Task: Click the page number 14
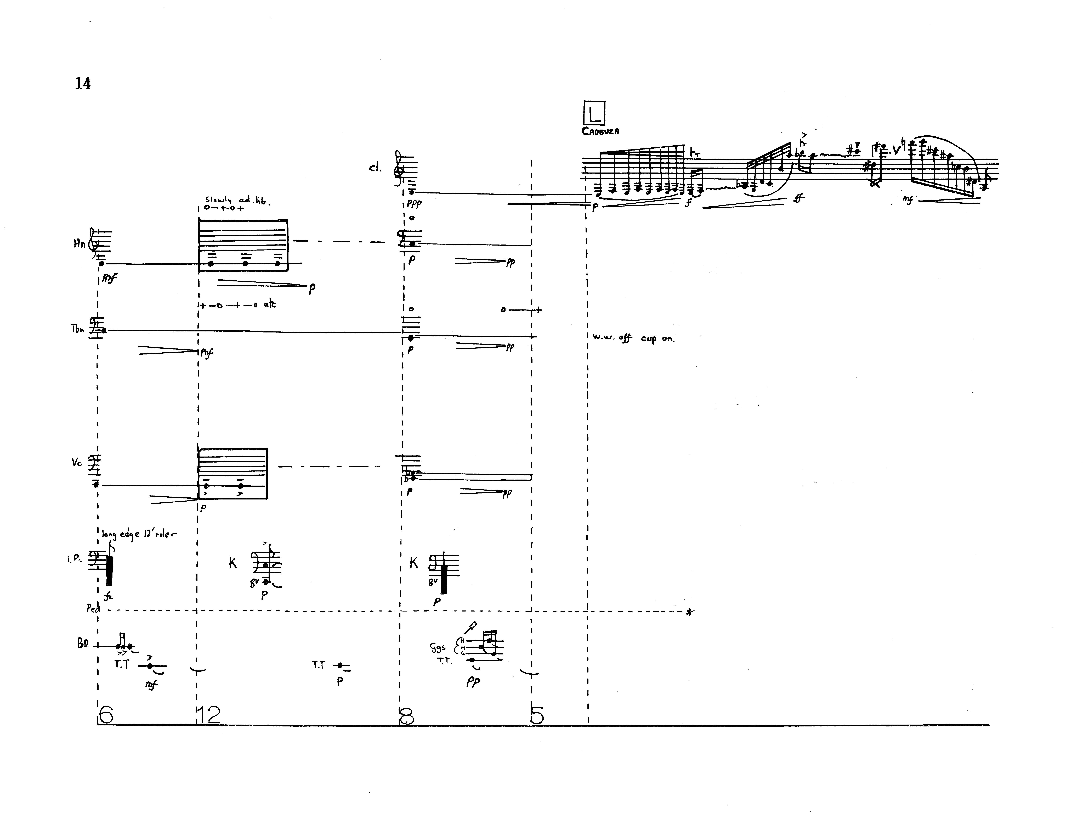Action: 83,84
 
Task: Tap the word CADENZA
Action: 600,131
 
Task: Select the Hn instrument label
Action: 79,243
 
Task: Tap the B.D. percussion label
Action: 82,644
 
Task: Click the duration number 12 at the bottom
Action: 208,715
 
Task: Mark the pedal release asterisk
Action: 689,612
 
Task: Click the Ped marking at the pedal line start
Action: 93,608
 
